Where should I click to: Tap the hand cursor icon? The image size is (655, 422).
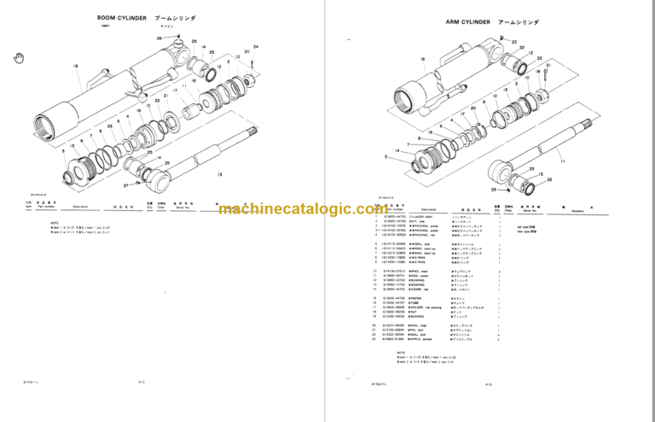click(17, 57)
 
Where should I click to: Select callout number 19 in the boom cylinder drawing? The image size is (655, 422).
click(75, 65)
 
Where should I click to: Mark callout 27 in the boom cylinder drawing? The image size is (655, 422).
click(125, 183)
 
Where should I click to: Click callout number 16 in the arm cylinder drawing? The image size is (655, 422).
click(422, 60)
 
